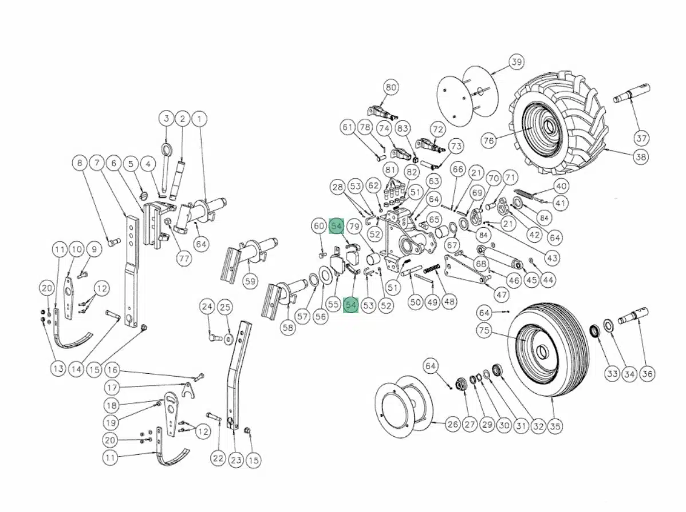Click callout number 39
click(517, 62)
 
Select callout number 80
click(391, 88)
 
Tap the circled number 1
click(199, 119)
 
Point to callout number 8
click(80, 163)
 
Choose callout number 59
click(250, 282)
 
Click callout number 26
click(452, 425)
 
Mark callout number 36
click(647, 374)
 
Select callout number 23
click(235, 459)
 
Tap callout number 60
click(319, 226)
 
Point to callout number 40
click(561, 186)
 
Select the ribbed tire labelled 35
click(550, 355)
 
